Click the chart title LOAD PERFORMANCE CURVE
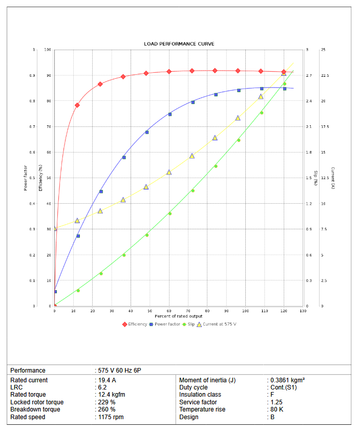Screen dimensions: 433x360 179,44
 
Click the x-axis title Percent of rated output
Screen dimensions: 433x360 179,316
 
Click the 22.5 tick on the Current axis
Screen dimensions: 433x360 325,76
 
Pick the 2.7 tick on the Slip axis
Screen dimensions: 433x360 309,76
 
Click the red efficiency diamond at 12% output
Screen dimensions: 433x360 77,105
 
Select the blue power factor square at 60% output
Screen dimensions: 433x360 170,114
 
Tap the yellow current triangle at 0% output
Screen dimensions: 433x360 55,228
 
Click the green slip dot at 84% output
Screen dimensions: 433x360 216,166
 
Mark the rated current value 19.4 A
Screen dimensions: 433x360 107,380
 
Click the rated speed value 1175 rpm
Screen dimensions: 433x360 111,417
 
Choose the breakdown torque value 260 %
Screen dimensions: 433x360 107,409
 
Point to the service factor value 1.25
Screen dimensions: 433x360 275,402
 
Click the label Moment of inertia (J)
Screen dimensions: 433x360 207,380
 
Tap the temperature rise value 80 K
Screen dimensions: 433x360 274,409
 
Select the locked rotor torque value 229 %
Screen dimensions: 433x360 107,402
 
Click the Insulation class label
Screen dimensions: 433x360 200,395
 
